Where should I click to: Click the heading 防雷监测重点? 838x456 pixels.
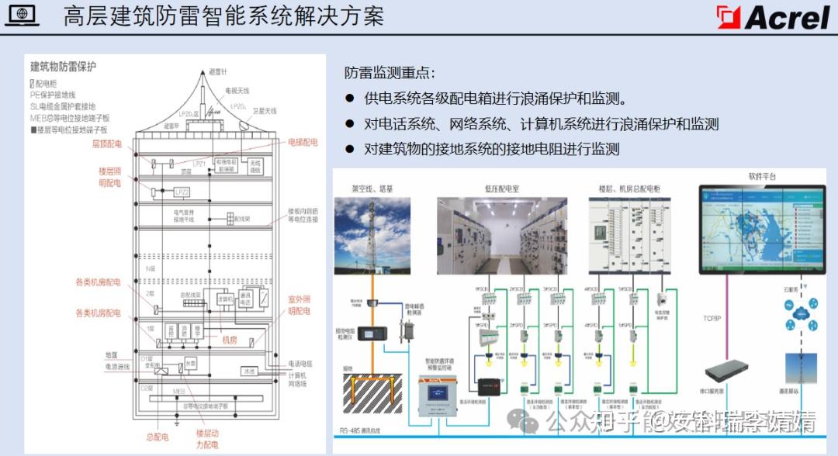tap(390, 74)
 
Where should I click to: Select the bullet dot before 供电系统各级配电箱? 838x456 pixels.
tap(350, 99)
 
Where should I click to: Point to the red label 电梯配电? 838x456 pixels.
tap(303, 143)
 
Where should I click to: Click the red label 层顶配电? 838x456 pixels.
tap(107, 144)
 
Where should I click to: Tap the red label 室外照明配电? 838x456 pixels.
tap(299, 305)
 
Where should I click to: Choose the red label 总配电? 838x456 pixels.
tap(156, 437)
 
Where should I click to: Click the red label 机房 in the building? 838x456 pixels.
tap(230, 340)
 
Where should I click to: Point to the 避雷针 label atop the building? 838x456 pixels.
tap(217, 71)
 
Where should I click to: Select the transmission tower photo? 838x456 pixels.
tap(372, 236)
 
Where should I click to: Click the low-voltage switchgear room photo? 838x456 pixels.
tap(501, 236)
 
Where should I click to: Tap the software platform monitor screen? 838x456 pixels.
tap(760, 229)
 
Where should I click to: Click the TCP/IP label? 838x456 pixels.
tap(713, 318)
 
